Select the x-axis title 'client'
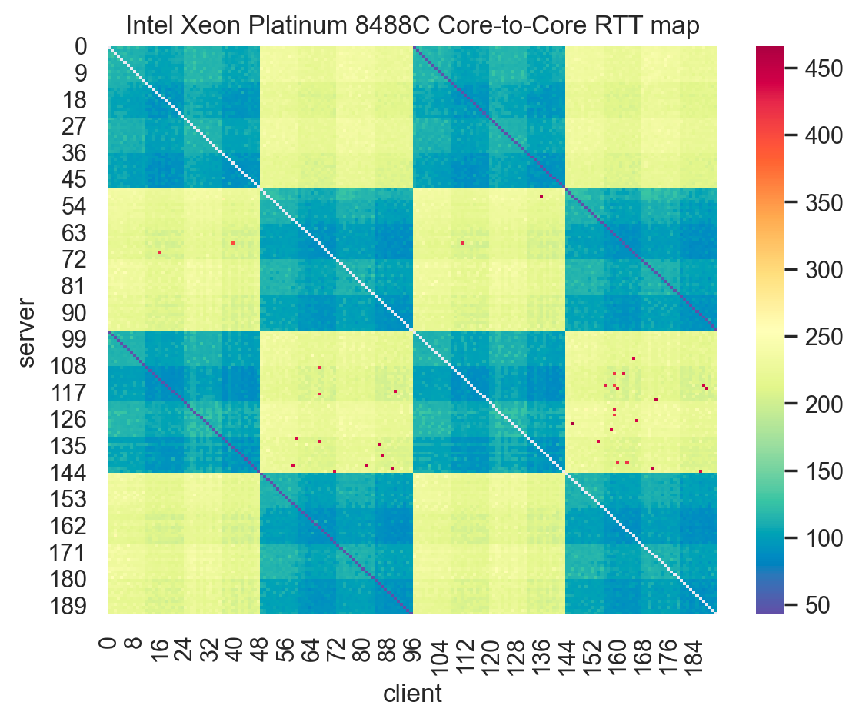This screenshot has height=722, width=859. coord(412,694)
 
